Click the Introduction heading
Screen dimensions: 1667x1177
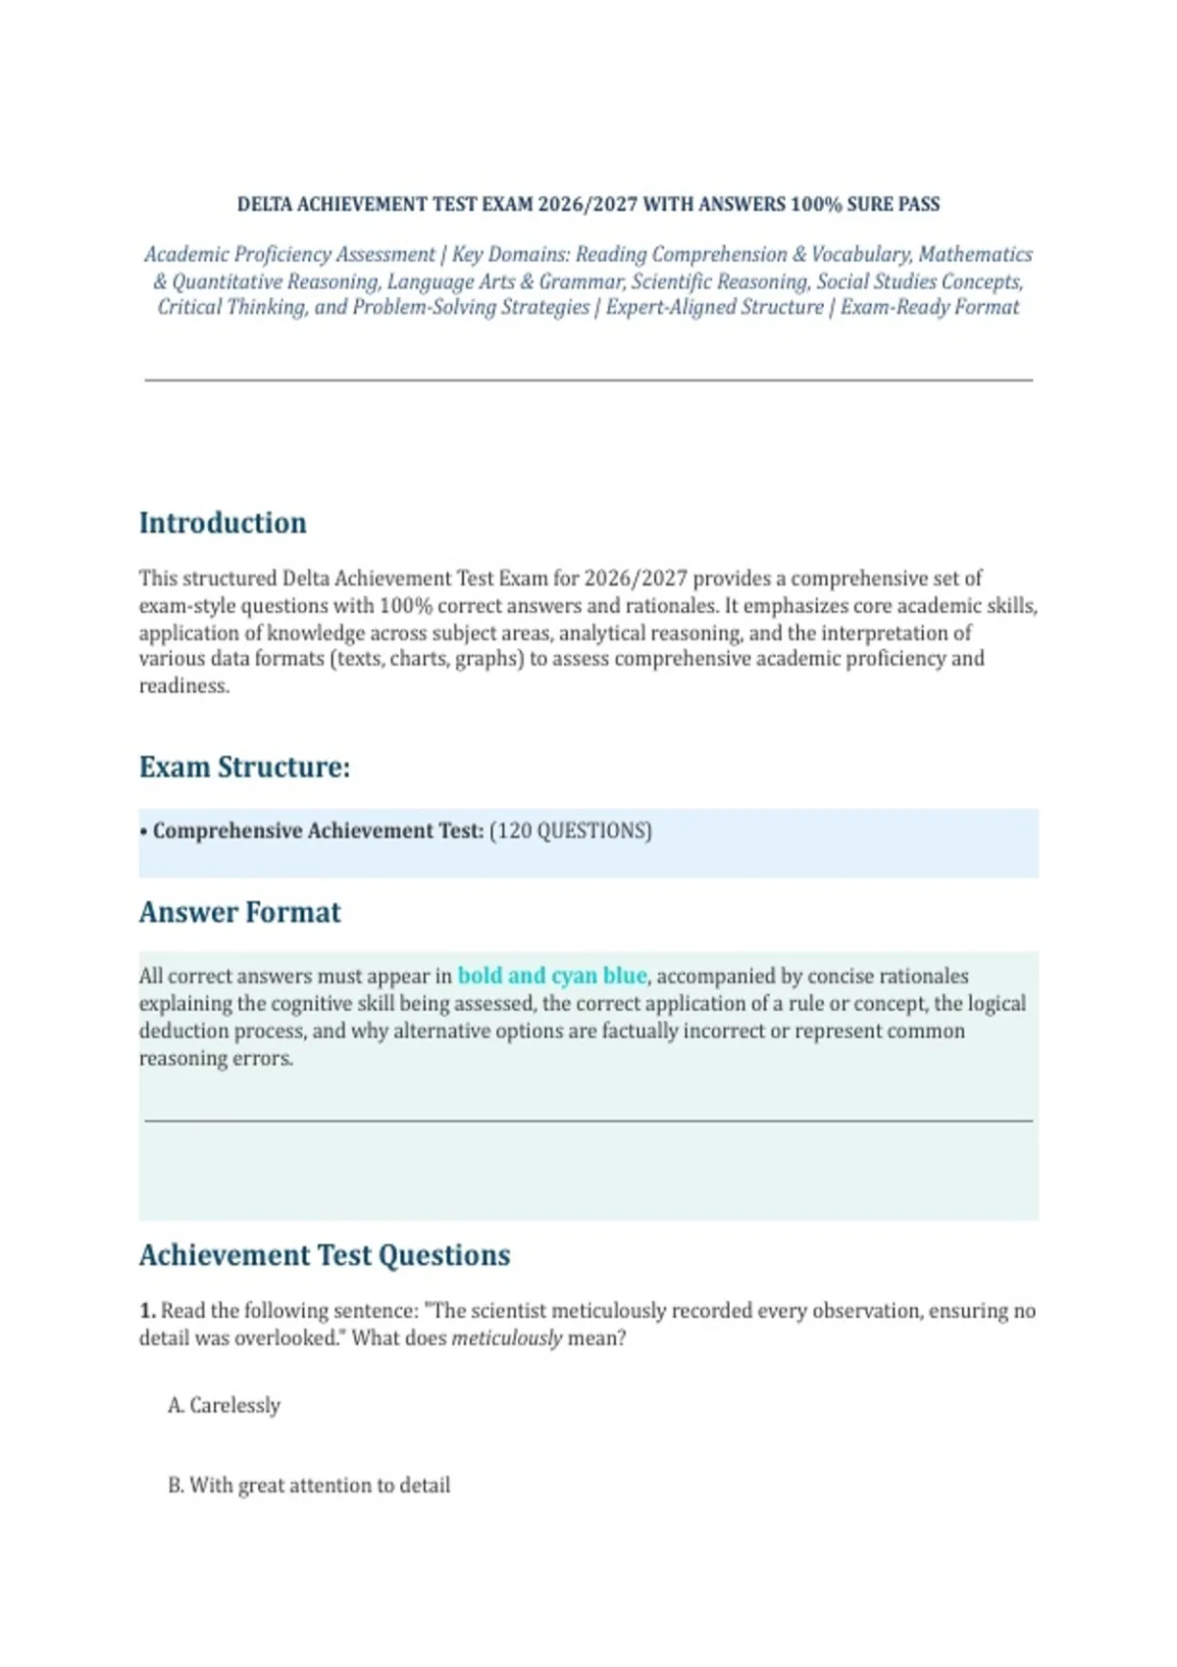point(223,523)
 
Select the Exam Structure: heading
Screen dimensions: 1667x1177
point(244,767)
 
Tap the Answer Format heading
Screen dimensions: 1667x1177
point(239,912)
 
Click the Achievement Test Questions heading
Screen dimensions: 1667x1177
point(325,1255)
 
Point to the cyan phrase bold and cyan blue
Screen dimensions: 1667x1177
point(552,976)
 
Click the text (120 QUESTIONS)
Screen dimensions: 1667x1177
point(570,831)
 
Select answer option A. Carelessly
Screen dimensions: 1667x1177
point(225,1405)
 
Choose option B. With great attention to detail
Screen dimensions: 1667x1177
point(309,1485)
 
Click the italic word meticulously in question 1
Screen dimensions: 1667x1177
point(506,1338)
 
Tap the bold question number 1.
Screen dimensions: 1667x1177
point(147,1311)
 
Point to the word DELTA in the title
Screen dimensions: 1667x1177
point(264,204)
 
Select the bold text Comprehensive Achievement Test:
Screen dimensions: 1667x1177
point(318,831)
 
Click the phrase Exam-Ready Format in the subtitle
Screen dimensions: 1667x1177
point(930,307)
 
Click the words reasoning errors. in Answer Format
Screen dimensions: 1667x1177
point(216,1058)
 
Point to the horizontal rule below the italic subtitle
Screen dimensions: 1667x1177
point(588,379)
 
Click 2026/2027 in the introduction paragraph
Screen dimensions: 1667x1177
point(636,579)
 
